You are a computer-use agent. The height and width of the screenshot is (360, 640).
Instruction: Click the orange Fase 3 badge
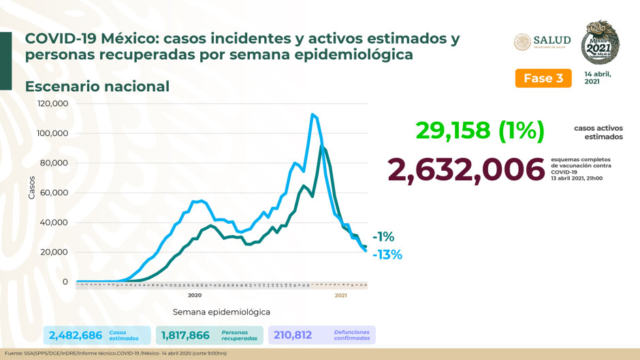click(x=543, y=78)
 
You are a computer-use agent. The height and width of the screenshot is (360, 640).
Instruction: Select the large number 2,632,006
click(x=466, y=169)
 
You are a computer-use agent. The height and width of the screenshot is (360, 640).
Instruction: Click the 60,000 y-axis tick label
click(x=54, y=193)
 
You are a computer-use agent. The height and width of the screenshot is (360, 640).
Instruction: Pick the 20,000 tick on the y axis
click(x=54, y=252)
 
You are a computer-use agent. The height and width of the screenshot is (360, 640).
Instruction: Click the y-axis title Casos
click(x=31, y=188)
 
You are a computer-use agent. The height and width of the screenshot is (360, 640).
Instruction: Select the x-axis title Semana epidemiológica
click(x=221, y=312)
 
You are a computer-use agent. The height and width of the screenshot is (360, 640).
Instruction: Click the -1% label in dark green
click(x=383, y=237)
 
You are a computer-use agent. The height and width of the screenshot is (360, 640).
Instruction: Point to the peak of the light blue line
click(x=312, y=114)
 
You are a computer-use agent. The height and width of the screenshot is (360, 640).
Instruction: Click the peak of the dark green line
click(x=321, y=146)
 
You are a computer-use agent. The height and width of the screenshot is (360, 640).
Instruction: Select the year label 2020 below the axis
click(x=194, y=295)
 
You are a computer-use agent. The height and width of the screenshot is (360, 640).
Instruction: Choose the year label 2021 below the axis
click(x=341, y=295)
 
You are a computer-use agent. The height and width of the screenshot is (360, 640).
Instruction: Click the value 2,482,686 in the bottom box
click(x=75, y=335)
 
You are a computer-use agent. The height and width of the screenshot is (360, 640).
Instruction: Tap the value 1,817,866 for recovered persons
click(x=186, y=335)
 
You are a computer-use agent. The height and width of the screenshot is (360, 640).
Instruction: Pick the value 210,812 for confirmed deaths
click(x=298, y=335)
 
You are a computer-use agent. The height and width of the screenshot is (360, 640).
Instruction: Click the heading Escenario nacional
click(x=97, y=86)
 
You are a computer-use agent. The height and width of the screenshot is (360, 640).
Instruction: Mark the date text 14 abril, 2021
click(x=597, y=77)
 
